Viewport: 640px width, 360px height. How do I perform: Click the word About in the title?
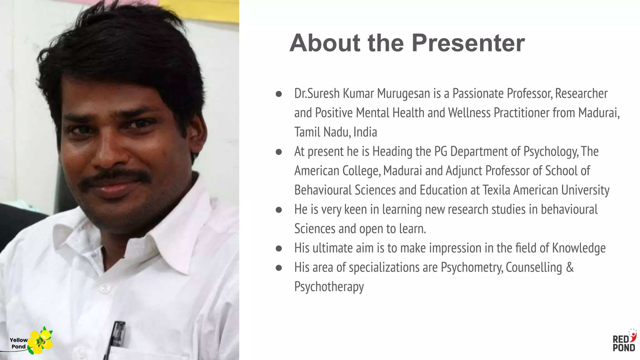tap(325, 43)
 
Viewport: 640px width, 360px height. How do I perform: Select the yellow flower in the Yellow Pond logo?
tap(40, 342)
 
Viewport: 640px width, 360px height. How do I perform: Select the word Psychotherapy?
tap(329, 287)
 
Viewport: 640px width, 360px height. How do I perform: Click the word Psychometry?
tap(472, 267)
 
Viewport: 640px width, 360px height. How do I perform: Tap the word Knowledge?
tap(579, 248)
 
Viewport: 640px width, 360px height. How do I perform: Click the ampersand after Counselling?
tap(570, 267)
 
